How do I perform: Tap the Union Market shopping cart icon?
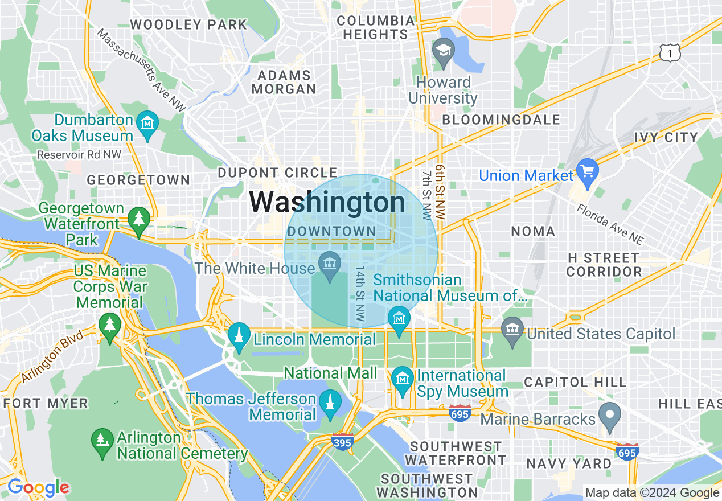point(586,170)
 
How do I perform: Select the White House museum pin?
point(330,265)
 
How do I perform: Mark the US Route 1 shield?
point(670,52)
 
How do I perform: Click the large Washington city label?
point(327,202)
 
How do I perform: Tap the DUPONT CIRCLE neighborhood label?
point(278,173)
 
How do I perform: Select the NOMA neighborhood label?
point(533,231)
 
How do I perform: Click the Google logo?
point(38,487)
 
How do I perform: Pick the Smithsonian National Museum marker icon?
point(399,318)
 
